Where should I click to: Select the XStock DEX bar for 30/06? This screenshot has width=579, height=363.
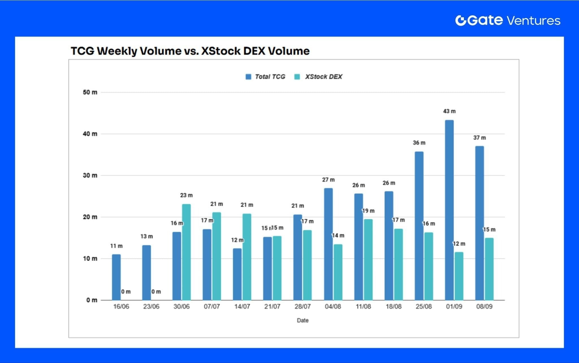pyautogui.click(x=186, y=252)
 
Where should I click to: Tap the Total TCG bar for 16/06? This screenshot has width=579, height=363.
pyautogui.click(x=116, y=277)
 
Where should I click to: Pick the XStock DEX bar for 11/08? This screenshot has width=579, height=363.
pyautogui.click(x=368, y=260)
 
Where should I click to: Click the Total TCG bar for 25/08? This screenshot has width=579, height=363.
pyautogui.click(x=419, y=226)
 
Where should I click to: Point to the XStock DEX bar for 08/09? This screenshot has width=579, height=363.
pyautogui.click(x=489, y=269)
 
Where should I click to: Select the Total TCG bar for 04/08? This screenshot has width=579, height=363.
pyautogui.click(x=328, y=244)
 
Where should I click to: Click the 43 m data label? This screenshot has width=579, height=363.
pyautogui.click(x=449, y=111)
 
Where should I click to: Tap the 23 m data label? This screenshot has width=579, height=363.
pyautogui.click(x=186, y=195)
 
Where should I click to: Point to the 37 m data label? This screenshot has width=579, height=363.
pyautogui.click(x=479, y=138)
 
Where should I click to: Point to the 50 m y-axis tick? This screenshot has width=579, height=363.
pyautogui.click(x=90, y=92)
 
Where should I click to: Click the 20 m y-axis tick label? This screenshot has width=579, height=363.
pyautogui.click(x=90, y=217)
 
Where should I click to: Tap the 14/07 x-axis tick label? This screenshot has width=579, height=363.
pyautogui.click(x=242, y=307)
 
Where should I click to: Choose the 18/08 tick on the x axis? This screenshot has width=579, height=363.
pyautogui.click(x=394, y=307)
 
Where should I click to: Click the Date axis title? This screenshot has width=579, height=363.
pyautogui.click(x=303, y=320)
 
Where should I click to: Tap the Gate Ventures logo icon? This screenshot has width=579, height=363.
pyautogui.click(x=461, y=20)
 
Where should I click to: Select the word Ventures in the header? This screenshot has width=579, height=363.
pyautogui.click(x=533, y=21)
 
